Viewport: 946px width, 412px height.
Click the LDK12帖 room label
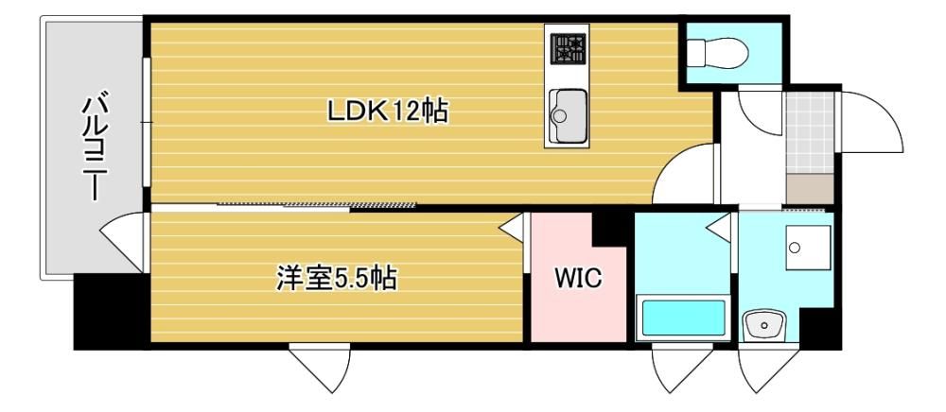(387, 111)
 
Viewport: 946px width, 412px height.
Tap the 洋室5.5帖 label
(336, 278)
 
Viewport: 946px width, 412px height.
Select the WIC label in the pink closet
(577, 279)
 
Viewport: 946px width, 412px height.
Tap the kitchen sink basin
(568, 113)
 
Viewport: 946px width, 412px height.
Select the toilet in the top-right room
(718, 52)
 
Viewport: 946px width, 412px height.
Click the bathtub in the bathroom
(683, 318)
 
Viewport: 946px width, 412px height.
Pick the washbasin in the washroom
(764, 326)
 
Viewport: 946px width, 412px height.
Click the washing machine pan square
(808, 247)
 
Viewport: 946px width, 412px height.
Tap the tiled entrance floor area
(811, 132)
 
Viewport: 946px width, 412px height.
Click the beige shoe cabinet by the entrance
(811, 189)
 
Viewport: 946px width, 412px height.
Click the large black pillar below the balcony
(109, 312)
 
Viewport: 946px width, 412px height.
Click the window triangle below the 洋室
(321, 368)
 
